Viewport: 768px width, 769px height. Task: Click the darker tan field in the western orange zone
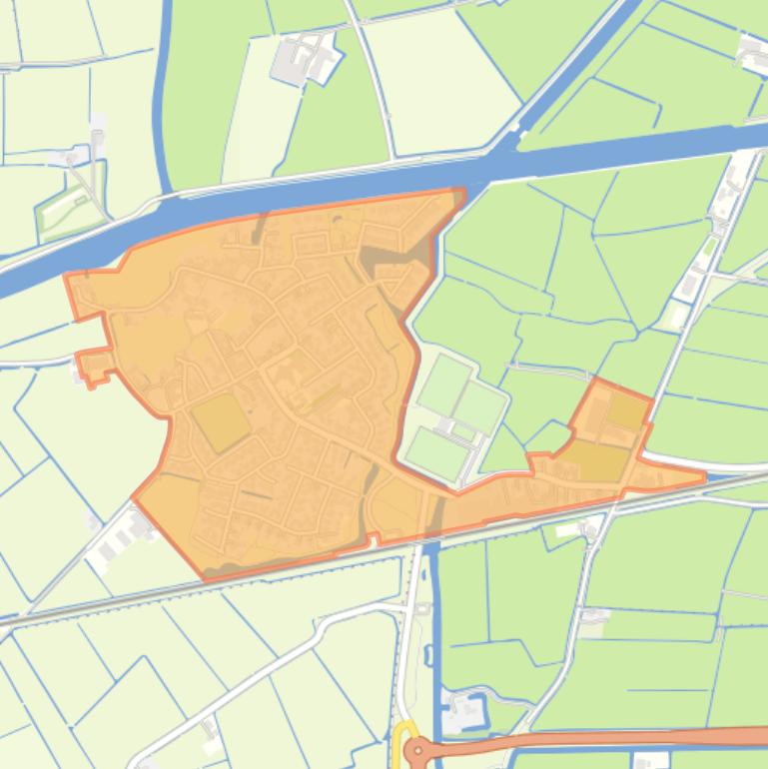coord(221,421)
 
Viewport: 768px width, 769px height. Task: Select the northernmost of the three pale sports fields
coord(444,384)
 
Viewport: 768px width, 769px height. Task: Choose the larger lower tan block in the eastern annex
coord(598,461)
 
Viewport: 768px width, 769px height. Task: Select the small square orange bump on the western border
coord(96,367)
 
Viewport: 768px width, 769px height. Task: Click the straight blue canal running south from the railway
coord(433,639)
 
